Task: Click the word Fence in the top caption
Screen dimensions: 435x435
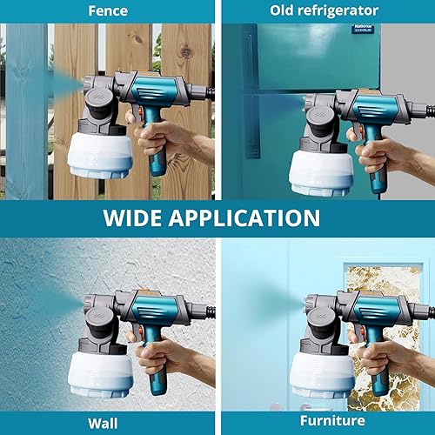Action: tap(108, 10)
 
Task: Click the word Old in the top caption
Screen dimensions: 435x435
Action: tap(286, 10)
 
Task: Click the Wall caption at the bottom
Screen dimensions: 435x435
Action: tap(108, 424)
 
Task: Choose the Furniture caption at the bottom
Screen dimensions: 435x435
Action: tap(326, 424)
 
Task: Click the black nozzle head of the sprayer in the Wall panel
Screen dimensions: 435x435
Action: tap(97, 311)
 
